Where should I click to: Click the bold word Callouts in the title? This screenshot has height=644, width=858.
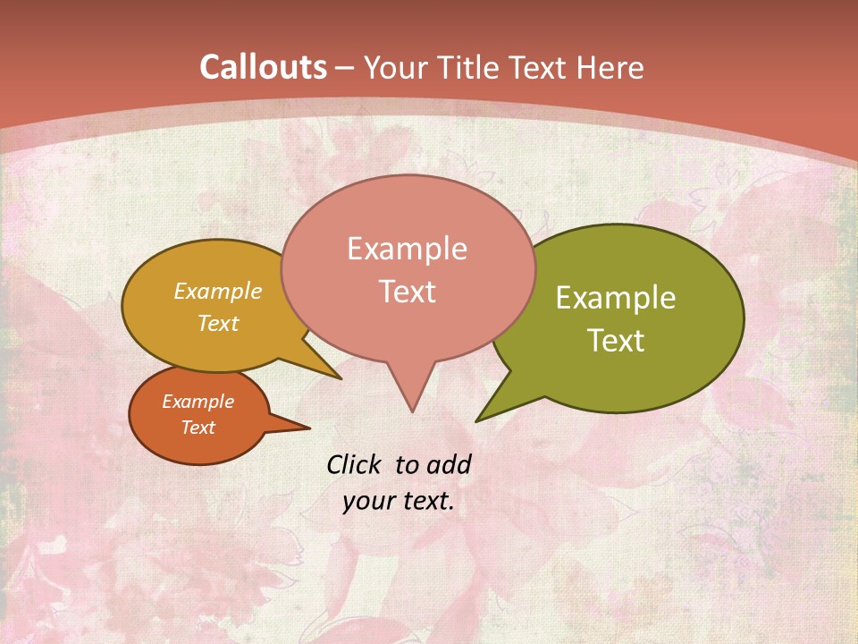click(x=264, y=67)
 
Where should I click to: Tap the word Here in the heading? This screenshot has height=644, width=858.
click(x=610, y=68)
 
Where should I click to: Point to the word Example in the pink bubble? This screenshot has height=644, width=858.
click(x=407, y=249)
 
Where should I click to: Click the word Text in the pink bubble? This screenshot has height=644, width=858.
click(x=407, y=292)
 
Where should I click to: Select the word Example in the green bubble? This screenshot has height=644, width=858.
click(x=616, y=298)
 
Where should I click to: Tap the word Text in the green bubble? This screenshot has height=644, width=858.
click(x=616, y=341)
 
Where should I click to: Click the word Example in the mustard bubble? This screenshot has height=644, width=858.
click(x=217, y=291)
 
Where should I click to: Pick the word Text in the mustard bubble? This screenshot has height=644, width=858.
click(x=217, y=323)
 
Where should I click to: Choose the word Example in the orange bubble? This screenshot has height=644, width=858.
click(x=198, y=402)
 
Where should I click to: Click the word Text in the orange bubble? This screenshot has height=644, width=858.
click(x=198, y=428)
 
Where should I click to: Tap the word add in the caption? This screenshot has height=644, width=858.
click(x=449, y=464)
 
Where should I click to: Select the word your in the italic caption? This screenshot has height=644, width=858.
click(x=367, y=501)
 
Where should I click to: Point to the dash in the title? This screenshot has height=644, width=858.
click(x=346, y=69)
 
